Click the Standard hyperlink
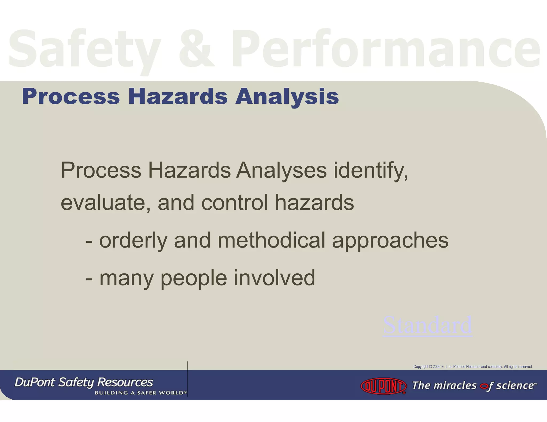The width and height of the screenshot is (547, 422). click(x=428, y=325)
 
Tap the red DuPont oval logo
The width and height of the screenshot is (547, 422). click(x=383, y=386)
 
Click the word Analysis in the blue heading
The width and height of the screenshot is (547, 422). click(x=287, y=97)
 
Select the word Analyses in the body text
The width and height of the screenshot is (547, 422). click(x=282, y=170)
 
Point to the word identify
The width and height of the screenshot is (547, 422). click(x=371, y=170)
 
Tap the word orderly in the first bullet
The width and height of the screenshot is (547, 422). click(x=133, y=240)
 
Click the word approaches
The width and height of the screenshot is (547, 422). click(x=390, y=240)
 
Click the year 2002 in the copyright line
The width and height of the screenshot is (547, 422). click(x=437, y=367)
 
